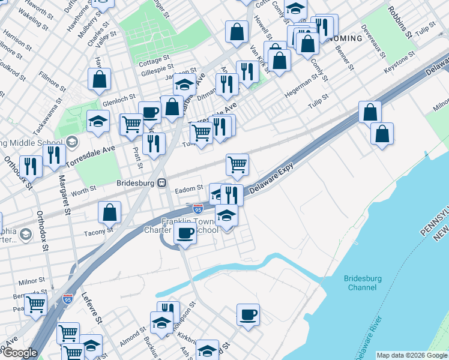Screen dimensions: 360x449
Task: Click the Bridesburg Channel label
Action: (x=362, y=283)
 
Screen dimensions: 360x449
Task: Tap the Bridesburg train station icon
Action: (x=162, y=183)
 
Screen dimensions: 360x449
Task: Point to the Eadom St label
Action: (x=188, y=189)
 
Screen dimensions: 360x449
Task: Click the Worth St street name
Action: (x=83, y=190)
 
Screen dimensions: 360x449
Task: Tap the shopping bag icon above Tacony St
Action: (x=110, y=212)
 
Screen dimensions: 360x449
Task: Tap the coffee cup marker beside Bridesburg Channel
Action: (x=248, y=314)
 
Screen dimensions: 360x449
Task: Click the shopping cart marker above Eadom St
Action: (x=238, y=163)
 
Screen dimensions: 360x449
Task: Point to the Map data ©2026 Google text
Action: (x=412, y=355)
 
